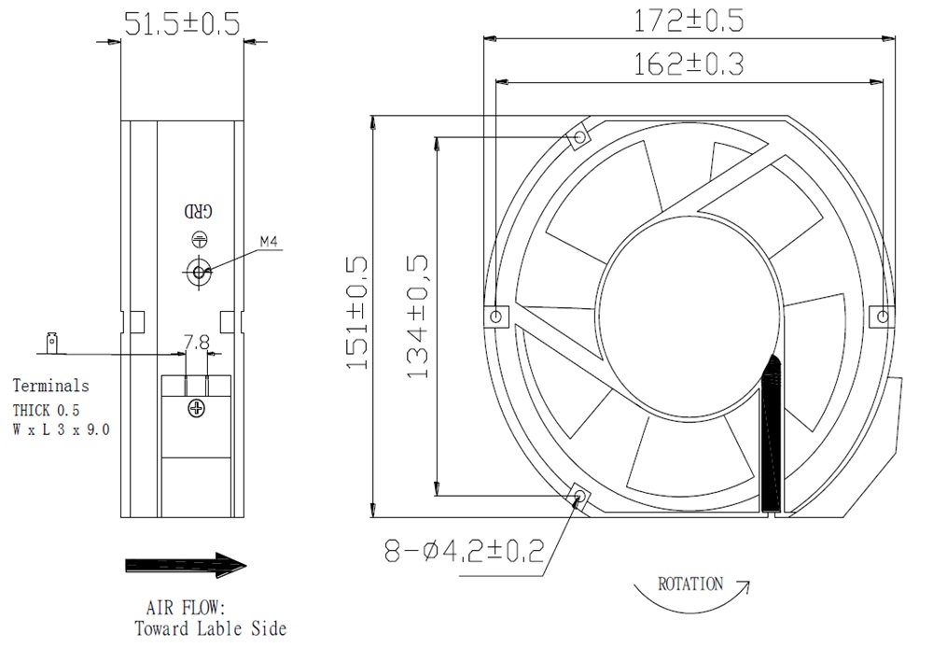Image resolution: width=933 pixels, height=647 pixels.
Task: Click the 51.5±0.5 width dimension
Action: click(x=182, y=23)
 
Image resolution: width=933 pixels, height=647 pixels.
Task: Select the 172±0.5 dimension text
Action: click(x=688, y=21)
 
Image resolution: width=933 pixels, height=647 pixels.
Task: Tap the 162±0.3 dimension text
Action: click(x=688, y=63)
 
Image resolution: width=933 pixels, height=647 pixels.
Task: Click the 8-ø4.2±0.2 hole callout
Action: click(x=464, y=551)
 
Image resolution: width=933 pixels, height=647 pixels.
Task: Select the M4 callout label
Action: click(x=269, y=242)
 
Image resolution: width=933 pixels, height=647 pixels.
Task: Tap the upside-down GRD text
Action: click(x=198, y=211)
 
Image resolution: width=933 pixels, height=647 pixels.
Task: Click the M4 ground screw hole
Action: click(x=198, y=272)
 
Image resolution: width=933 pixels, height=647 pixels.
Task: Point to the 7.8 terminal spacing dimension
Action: click(x=196, y=343)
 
